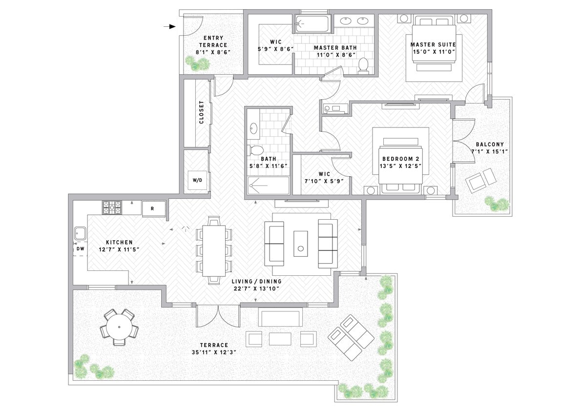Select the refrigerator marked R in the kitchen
152,208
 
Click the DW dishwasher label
80,249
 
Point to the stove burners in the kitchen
111,207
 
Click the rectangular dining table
213,250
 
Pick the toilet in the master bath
363,65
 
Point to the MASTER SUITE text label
433,44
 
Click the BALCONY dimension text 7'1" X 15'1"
490,151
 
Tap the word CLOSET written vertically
201,112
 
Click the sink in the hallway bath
253,128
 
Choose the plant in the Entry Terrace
196,63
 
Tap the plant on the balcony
497,203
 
